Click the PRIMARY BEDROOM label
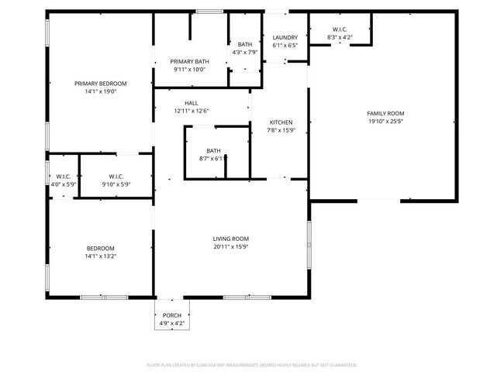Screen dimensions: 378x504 pos(100,84)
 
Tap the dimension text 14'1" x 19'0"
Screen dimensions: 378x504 pos(100,92)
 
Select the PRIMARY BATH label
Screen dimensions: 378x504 pos(190,61)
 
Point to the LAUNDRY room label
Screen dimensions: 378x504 pos(285,37)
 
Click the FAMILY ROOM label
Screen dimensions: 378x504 pos(385,113)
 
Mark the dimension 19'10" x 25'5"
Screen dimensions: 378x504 pos(385,122)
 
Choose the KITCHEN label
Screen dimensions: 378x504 pos(281,122)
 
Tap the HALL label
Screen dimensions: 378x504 pos(192,103)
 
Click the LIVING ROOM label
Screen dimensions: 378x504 pos(231,239)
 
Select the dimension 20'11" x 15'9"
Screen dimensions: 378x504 pos(231,247)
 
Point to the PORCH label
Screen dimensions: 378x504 pos(171,315)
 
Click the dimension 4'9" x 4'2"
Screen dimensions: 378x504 pos(171,323)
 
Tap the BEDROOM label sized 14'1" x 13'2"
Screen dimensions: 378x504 pos(100,248)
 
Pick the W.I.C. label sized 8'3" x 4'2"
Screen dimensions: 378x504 pos(340,29)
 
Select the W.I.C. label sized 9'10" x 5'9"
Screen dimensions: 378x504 pos(116,176)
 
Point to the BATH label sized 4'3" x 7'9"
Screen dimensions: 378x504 pos(245,44)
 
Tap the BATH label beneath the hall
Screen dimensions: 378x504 pos(213,150)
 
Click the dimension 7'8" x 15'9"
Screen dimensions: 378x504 pos(281,131)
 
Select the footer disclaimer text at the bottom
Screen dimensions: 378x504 pos(251,364)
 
